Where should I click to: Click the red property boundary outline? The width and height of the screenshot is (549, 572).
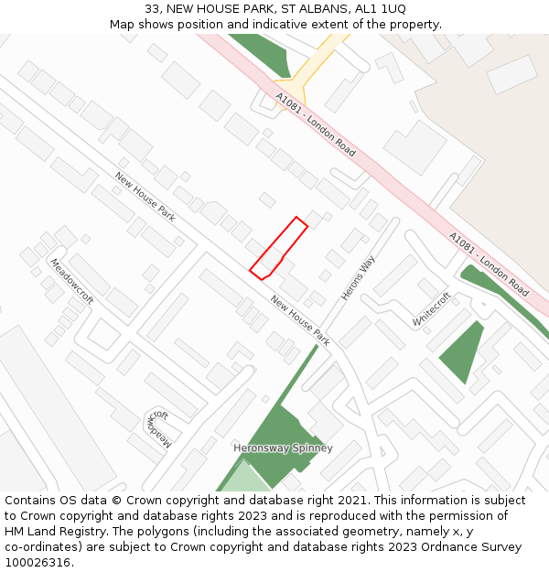278,248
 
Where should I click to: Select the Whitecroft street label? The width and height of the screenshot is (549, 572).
432,309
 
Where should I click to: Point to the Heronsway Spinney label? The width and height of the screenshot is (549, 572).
283,448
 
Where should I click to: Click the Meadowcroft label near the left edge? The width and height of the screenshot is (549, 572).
71,281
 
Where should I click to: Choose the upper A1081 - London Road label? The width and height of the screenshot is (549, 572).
316,123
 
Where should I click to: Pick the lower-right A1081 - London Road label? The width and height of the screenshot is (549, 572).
489,264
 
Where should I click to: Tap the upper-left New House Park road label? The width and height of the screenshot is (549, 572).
145,197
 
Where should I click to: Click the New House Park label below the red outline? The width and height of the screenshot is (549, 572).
300,320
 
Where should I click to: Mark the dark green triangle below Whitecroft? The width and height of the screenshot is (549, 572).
465,351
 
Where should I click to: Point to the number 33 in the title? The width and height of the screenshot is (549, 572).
152,8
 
